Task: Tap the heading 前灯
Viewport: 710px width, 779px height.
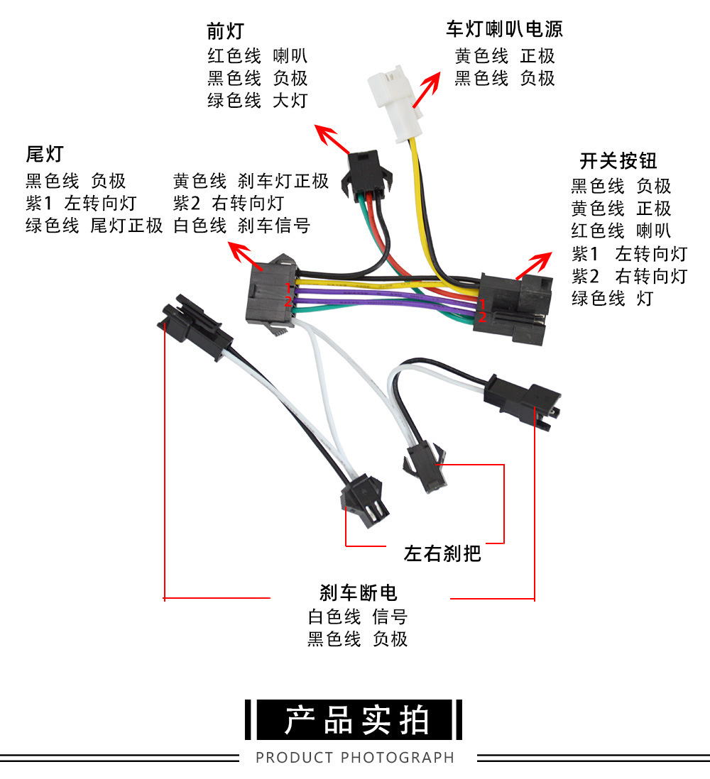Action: tap(225, 31)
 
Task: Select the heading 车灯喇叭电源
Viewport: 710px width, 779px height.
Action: tap(504, 29)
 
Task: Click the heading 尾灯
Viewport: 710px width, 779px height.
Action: tap(44, 153)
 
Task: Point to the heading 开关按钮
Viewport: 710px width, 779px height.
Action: tap(618, 160)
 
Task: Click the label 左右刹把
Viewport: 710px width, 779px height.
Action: tap(442, 553)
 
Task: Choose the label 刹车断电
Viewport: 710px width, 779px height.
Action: tap(358, 592)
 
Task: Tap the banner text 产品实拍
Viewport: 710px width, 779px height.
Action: tap(356, 721)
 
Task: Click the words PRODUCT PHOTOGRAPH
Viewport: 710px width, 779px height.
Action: tap(355, 758)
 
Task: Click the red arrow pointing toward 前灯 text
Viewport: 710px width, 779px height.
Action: tap(332, 140)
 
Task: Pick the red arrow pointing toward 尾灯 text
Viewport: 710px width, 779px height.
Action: tap(242, 252)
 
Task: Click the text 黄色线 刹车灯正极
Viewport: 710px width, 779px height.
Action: tap(251, 181)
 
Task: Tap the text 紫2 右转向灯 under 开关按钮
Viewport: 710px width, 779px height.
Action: tap(630, 275)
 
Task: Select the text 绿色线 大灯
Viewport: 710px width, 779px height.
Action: tap(257, 100)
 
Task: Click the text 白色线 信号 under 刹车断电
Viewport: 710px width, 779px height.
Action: tap(357, 617)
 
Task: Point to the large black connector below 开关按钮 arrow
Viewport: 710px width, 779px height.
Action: tap(514, 298)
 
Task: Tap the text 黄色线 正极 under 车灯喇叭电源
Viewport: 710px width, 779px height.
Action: tap(504, 56)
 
